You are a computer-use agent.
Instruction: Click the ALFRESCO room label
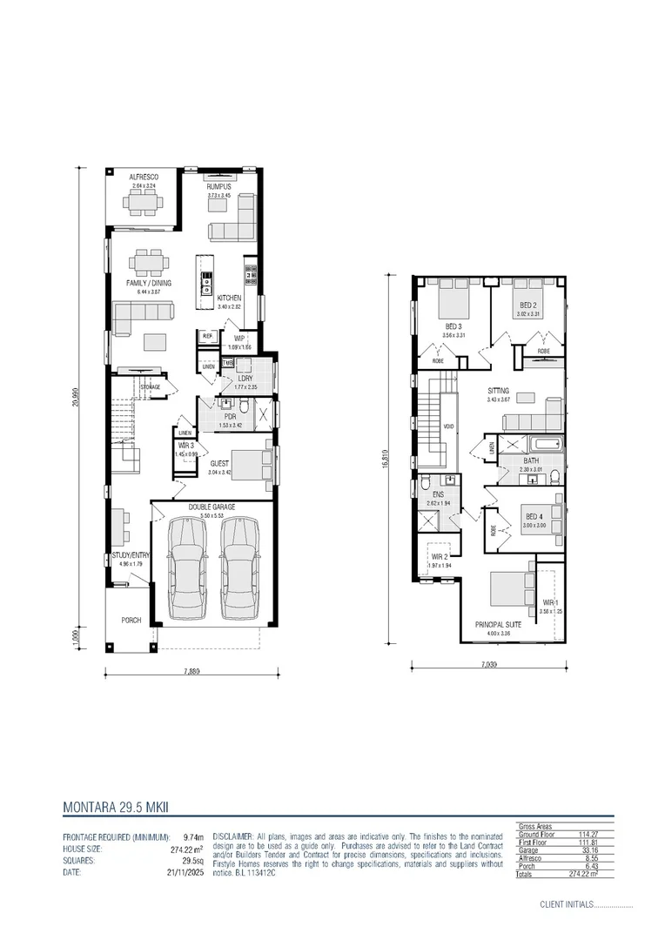pos(143,177)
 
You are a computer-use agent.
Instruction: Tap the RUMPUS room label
pos(218,187)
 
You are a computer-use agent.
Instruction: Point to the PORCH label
pos(131,621)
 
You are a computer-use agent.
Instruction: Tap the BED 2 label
pos(527,305)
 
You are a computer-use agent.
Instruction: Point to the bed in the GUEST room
pos(253,462)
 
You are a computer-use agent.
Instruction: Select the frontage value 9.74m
pos(193,836)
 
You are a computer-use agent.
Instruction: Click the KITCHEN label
pos(229,298)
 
